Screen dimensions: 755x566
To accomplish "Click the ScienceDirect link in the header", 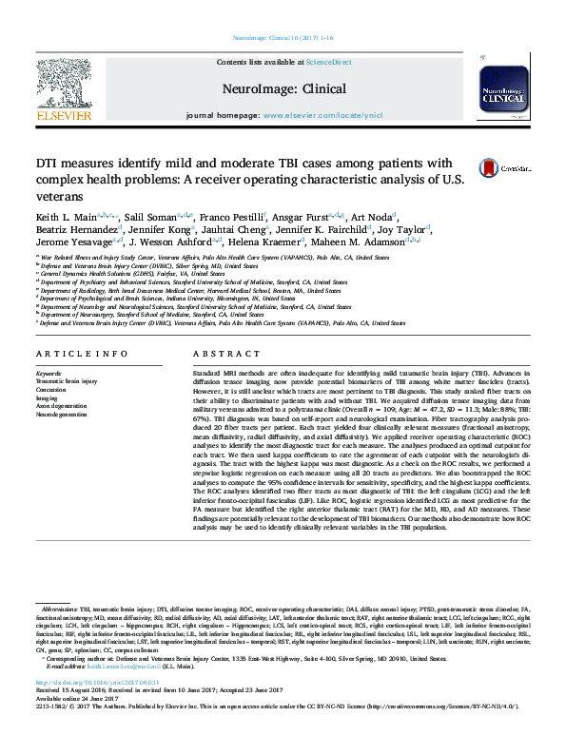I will coord(328,62).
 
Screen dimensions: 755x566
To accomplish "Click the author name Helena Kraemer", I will coord(293,242).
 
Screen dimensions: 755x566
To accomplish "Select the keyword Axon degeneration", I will coord(63,406).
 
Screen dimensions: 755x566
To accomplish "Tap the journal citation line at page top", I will coord(283,40).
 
